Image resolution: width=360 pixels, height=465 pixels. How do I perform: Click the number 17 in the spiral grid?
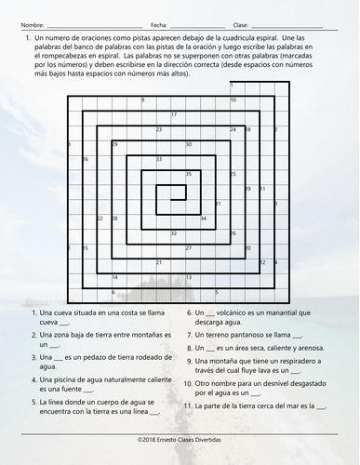pyautogui.click(x=173, y=115)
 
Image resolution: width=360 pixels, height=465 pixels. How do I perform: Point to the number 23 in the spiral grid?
pyautogui.click(x=159, y=130)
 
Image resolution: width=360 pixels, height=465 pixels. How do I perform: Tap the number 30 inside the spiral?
pyautogui.click(x=189, y=145)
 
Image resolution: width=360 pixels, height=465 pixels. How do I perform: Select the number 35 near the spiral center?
pyautogui.click(x=189, y=175)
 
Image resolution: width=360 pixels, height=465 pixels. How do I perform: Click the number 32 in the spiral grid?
pyautogui.click(x=174, y=233)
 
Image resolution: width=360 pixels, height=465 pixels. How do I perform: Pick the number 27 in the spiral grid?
pyautogui.click(x=189, y=248)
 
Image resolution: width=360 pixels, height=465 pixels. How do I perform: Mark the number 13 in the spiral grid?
pyautogui.click(x=189, y=277)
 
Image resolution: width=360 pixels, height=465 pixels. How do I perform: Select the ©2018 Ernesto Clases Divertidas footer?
pyautogui.click(x=180, y=437)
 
